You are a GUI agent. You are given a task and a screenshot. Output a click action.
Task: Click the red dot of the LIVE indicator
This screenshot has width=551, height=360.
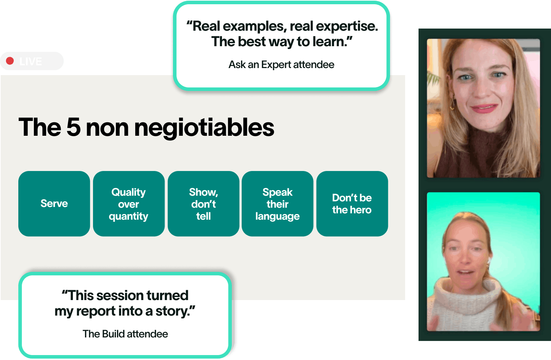10,61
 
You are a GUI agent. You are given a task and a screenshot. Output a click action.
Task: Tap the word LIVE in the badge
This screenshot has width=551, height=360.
31,61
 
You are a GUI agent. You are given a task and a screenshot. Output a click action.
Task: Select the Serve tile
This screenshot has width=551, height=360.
54,204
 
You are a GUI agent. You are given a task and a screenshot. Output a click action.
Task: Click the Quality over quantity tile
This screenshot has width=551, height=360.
129,204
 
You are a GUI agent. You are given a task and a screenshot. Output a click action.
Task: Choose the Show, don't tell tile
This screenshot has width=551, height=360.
203,204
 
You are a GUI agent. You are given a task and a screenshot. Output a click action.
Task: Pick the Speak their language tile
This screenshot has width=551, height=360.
278,204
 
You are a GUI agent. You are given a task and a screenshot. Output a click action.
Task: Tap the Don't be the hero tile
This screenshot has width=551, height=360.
352,204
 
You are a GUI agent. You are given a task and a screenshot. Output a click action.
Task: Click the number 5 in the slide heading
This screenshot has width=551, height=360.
73,127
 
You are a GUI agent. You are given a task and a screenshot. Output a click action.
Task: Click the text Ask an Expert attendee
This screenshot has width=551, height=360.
281,65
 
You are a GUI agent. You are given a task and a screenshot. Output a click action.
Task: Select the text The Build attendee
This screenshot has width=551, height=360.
125,334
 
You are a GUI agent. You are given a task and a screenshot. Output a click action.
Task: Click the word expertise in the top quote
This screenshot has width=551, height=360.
347,26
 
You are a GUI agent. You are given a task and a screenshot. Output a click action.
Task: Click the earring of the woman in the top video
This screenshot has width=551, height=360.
452,105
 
